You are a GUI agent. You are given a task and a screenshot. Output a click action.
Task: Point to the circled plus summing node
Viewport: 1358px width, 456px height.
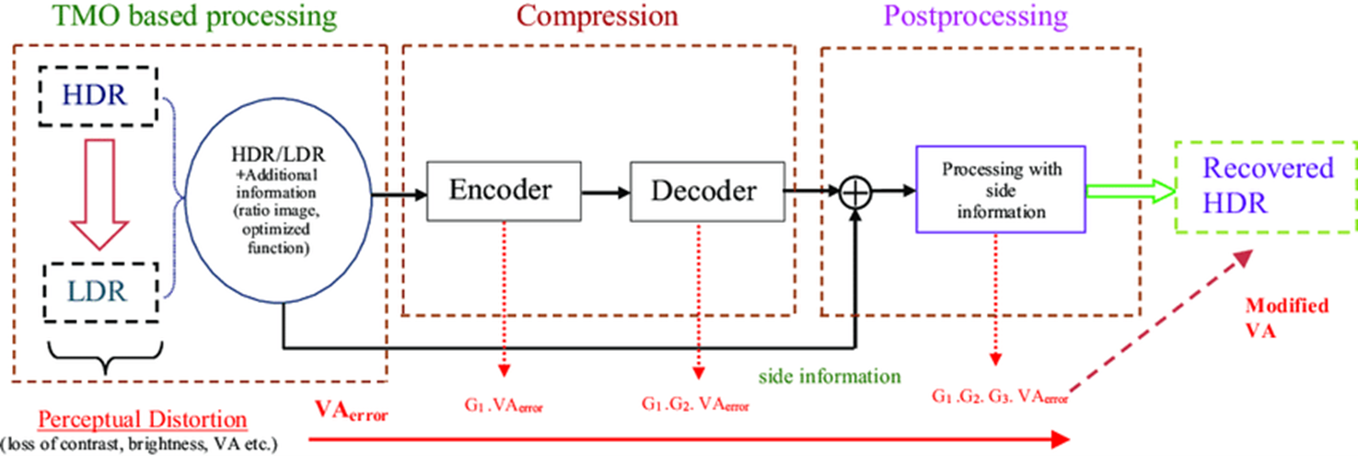[857, 192]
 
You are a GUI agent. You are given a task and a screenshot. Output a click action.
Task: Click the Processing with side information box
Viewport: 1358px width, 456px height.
[1001, 191]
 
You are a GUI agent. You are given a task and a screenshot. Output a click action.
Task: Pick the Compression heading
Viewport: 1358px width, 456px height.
[597, 16]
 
